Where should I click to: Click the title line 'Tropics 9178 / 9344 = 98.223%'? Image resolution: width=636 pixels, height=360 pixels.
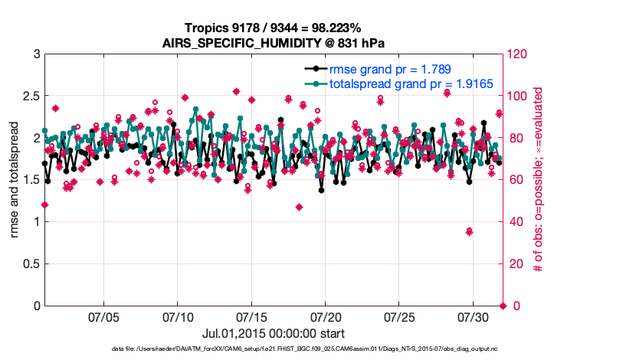coord(273,28)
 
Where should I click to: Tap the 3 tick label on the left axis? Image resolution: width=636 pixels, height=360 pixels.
coord(36,54)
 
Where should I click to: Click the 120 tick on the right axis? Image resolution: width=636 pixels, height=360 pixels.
coord(517,54)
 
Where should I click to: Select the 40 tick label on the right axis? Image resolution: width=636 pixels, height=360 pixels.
coord(514,222)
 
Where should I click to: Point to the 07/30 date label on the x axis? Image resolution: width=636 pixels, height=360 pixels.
coord(474,316)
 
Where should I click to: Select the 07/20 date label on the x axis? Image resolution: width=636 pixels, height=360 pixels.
coord(326,316)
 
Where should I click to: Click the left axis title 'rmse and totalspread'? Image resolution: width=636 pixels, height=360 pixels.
coord(15,180)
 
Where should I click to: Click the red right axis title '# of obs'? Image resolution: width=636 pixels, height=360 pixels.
coord(539,180)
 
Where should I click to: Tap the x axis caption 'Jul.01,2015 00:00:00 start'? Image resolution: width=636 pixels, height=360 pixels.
coord(273,333)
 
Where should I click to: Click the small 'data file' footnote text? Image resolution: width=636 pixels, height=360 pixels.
coord(304,349)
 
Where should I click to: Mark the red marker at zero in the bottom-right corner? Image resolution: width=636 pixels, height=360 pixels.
coord(503,306)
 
